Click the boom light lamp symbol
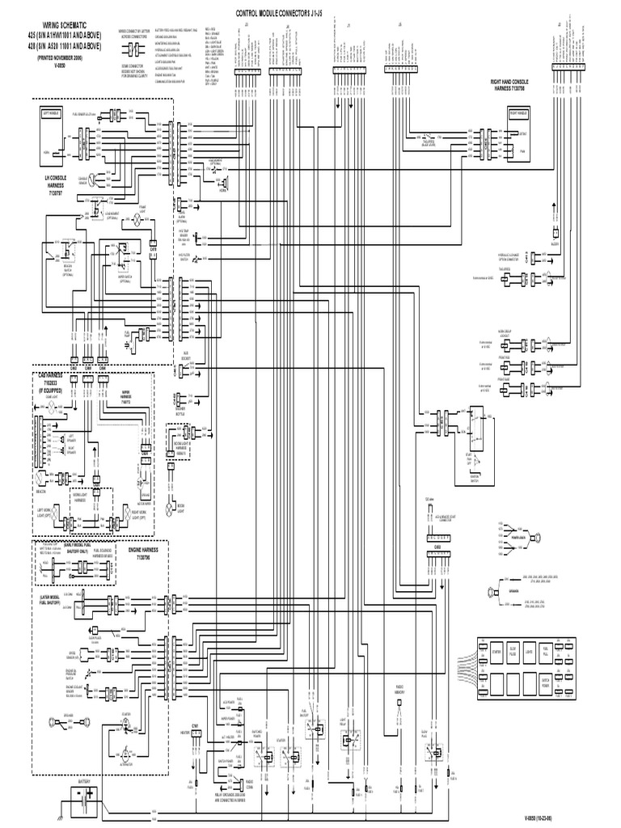click(169, 509)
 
